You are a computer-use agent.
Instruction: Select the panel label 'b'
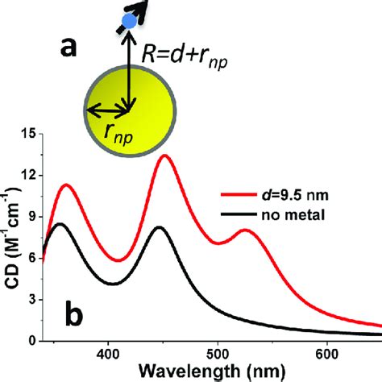coord(71,315)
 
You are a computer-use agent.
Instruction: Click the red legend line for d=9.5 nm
coord(241,194)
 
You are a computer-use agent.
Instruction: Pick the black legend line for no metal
coord(241,213)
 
